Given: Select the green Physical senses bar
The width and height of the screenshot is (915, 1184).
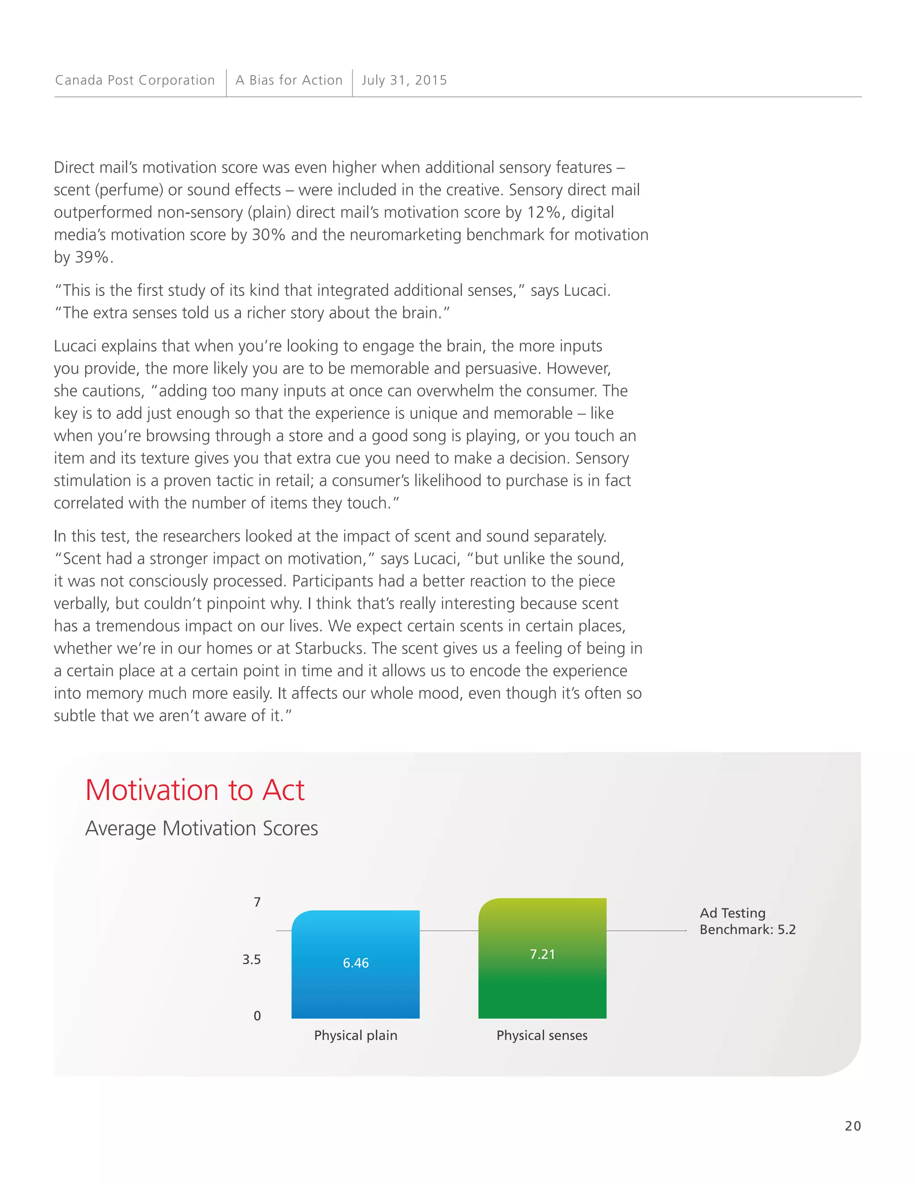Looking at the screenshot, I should tap(542, 987).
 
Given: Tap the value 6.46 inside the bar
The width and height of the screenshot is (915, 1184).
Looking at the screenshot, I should tap(356, 963).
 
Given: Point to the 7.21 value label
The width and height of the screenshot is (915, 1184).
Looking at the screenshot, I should tap(542, 954).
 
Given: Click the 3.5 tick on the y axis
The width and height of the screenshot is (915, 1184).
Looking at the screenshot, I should tap(252, 960).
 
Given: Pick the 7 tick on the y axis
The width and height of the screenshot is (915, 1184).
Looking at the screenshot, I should tap(257, 902).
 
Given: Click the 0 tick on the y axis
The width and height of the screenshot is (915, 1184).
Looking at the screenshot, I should tap(257, 1016).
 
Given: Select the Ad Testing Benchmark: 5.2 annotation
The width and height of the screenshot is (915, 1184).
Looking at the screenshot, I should tap(747, 921).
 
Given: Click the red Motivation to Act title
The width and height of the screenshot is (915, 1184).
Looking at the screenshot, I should tap(195, 790).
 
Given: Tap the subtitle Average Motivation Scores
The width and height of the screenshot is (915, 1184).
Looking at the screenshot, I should tap(201, 828).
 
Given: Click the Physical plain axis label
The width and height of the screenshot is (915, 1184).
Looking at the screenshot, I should tap(356, 1036).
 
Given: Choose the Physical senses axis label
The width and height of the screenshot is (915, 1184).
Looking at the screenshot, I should tap(542, 1036).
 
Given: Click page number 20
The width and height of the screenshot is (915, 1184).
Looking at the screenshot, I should tap(852, 1126).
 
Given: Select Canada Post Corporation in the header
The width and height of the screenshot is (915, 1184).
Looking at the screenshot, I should tap(135, 80).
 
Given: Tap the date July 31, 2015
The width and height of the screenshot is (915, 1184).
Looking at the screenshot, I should tap(404, 80).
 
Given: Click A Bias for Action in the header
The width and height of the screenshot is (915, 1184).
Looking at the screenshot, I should tap(289, 80).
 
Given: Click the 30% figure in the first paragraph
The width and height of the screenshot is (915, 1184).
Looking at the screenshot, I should tap(269, 235).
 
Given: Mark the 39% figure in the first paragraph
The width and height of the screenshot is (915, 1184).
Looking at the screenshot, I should tap(92, 257).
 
